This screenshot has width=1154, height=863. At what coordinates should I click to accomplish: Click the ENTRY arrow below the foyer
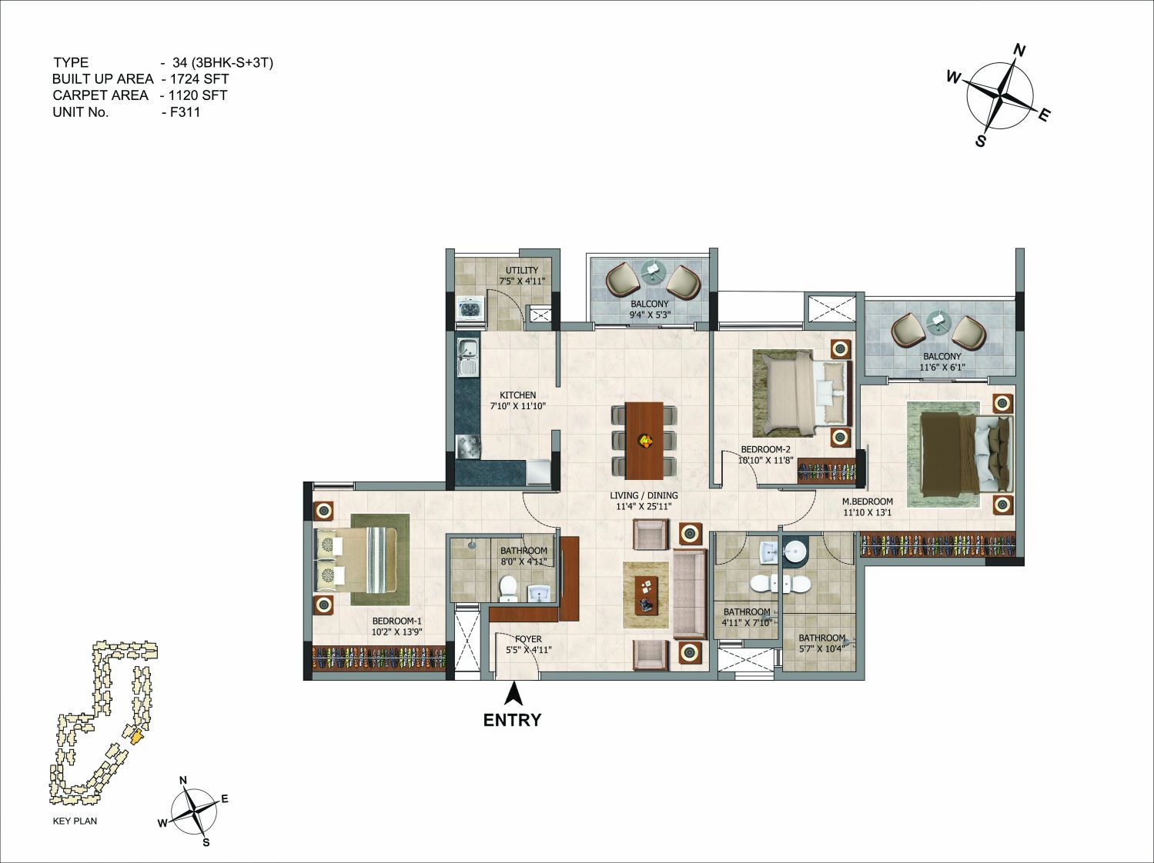[x=513, y=693]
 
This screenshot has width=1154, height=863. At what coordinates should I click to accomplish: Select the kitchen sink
[x=467, y=357]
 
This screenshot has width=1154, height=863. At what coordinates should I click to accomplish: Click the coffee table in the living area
[x=646, y=595]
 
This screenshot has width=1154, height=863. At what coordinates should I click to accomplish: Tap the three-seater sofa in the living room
[x=689, y=594]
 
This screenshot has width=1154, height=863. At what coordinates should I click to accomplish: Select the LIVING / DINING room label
[x=644, y=495]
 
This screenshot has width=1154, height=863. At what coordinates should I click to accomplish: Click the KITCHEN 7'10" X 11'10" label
[x=518, y=400]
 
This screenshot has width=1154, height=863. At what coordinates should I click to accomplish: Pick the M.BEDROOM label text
[x=867, y=501]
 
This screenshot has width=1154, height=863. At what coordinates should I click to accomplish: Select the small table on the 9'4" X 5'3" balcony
[x=653, y=269]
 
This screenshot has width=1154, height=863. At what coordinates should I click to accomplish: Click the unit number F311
[x=185, y=112]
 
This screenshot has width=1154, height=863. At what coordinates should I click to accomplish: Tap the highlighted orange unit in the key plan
[x=135, y=736]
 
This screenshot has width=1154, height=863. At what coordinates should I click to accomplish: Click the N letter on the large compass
[x=1019, y=51]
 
